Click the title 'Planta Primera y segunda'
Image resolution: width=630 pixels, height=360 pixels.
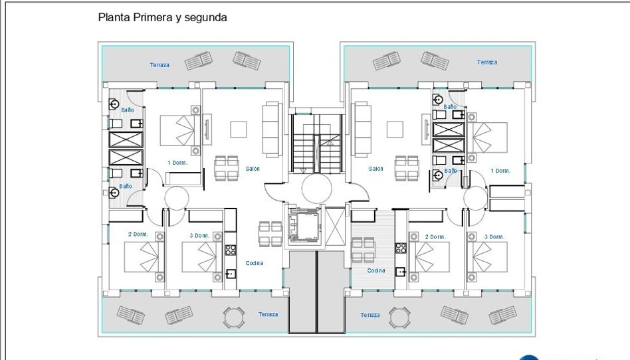pos(162,18)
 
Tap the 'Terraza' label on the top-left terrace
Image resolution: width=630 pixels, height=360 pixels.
pos(159,64)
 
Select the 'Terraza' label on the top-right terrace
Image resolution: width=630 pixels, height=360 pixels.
pos(487,62)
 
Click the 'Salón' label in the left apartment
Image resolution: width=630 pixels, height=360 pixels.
pos(253,169)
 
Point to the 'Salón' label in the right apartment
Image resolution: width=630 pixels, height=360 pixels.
pos(375,169)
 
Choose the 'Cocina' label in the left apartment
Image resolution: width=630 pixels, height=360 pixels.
pos(254,263)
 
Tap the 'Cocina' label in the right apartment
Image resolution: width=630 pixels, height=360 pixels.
pos(375,270)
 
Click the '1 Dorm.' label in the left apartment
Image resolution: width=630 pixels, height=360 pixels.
pos(177,163)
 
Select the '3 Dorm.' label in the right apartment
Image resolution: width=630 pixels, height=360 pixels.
pos(494,237)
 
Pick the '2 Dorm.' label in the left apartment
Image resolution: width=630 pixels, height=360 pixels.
pos(138,234)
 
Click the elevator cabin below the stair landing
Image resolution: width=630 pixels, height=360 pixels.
pos(305,225)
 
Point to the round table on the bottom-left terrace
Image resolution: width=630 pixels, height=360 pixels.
pos(233,317)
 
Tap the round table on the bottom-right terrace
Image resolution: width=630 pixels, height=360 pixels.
pos(399,317)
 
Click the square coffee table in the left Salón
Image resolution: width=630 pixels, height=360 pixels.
pos(239,130)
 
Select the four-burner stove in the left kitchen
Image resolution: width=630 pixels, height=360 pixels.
pos(230,250)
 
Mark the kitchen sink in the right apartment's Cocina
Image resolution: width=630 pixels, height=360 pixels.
pos(401,272)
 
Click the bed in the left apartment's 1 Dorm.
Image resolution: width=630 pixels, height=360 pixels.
pos(180,130)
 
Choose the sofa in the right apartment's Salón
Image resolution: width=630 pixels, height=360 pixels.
pos(362,129)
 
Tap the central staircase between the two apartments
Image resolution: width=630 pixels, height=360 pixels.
pos(316,143)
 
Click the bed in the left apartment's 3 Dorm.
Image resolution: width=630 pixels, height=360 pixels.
pos(202,257)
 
